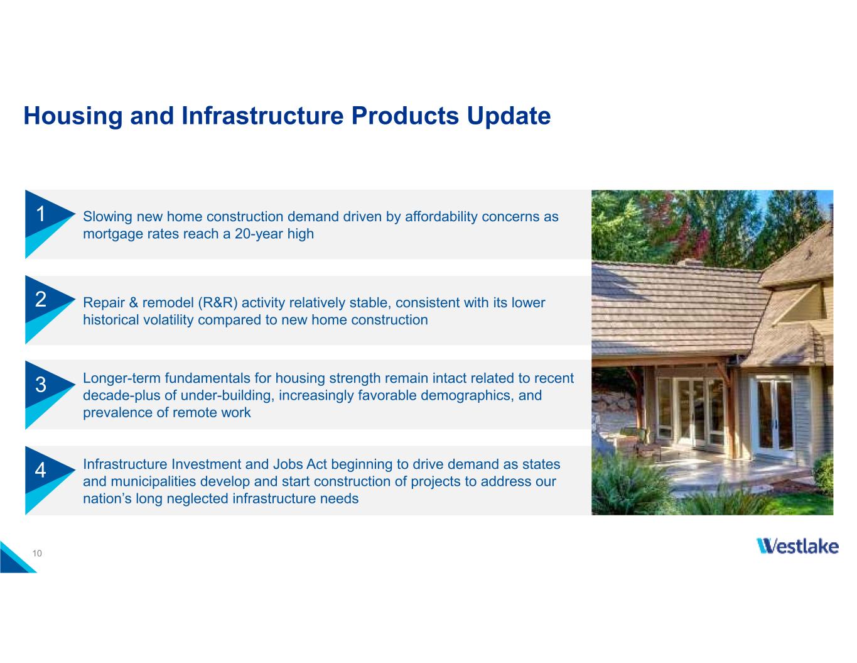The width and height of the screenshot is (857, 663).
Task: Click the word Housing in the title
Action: point(73,116)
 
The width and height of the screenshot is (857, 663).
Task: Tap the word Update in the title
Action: point(509,116)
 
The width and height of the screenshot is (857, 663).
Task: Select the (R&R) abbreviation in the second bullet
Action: point(218,303)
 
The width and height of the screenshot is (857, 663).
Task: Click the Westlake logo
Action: point(797,546)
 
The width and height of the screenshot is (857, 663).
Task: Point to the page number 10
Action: point(37,553)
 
